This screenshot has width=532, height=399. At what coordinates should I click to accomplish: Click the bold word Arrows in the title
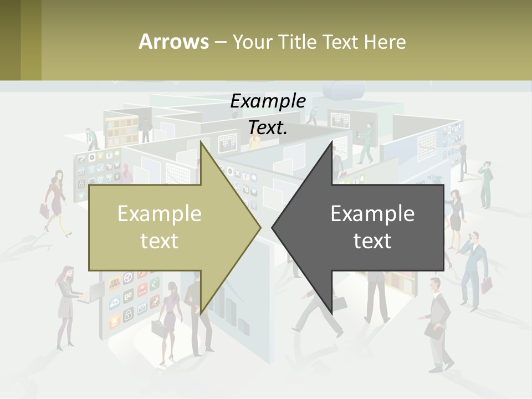point(173,42)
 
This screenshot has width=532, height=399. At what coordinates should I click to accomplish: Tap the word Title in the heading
point(298,42)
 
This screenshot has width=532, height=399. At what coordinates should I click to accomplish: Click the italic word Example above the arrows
point(268,101)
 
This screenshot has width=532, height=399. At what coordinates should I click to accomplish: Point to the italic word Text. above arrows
point(268,127)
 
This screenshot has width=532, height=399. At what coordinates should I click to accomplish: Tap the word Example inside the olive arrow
point(159,214)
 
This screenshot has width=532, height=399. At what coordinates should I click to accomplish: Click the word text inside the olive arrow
point(159,241)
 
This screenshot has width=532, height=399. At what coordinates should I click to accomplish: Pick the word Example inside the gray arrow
point(372,214)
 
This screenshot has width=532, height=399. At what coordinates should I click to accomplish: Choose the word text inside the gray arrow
point(372,241)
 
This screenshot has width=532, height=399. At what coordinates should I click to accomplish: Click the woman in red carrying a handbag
point(55,199)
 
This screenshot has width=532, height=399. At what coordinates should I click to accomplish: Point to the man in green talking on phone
point(486,183)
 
